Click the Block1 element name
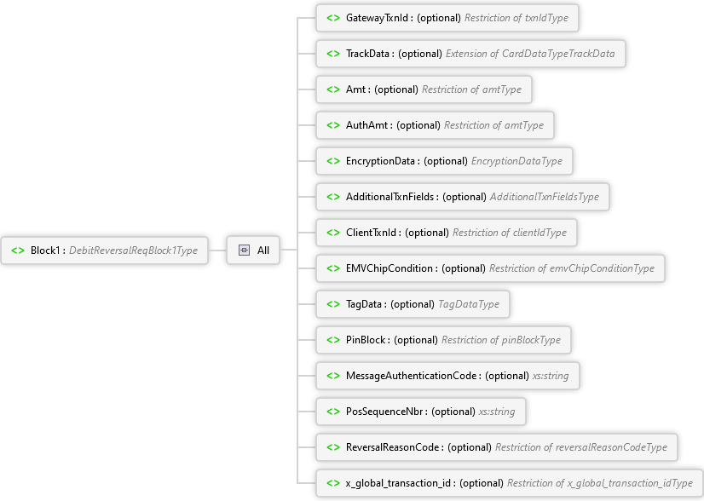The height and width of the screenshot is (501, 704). click(x=47, y=250)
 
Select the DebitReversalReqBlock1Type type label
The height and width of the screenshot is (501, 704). click(x=133, y=250)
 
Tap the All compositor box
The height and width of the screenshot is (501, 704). click(x=253, y=250)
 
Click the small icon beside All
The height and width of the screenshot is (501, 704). click(x=244, y=250)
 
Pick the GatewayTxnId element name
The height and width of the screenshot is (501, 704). click(x=378, y=18)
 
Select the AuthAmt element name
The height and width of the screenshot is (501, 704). click(x=368, y=125)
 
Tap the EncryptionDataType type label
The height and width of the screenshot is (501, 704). click(x=516, y=161)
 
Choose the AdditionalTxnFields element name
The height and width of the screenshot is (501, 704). click(x=390, y=197)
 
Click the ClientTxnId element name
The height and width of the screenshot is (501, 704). click(x=372, y=233)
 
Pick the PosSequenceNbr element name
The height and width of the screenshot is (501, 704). click(x=385, y=412)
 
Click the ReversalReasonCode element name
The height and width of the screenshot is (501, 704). click(x=394, y=447)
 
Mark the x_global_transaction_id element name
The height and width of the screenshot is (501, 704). click(x=397, y=483)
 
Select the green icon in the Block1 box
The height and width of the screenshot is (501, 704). click(x=17, y=250)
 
